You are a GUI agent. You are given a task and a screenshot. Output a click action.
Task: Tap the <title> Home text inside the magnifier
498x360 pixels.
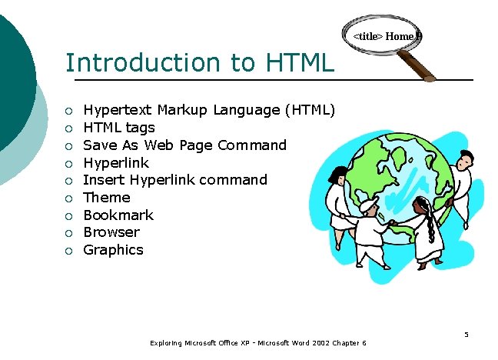coord(383,36)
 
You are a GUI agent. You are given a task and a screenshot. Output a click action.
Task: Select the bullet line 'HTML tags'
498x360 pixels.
coord(118,128)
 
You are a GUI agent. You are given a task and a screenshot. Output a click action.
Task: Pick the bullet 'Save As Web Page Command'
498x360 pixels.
coord(184,145)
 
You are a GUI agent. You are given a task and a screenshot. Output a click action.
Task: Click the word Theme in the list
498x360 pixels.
coord(107,198)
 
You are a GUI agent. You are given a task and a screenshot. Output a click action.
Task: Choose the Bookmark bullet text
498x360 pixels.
coord(118,215)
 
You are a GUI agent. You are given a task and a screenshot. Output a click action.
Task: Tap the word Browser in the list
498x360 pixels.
coord(111,232)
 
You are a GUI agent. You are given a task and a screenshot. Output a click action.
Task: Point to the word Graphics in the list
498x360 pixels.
coord(113,250)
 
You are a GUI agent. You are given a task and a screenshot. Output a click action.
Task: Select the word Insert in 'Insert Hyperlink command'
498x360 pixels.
coord(98,180)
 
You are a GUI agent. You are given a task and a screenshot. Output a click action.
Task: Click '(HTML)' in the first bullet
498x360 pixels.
coord(310,110)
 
